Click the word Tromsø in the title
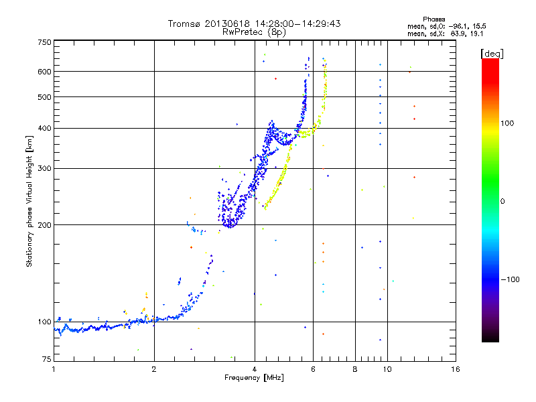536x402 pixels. pos(185,23)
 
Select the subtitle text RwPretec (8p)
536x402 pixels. pos(254,31)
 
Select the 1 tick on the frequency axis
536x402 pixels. pos(54,369)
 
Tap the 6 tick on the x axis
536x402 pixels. pos(313,369)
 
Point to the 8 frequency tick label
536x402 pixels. pos(355,369)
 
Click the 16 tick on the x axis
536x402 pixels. pos(455,369)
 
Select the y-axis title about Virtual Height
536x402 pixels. pos(29,202)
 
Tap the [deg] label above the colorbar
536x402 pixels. pos(492,53)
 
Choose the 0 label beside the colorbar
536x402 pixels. pos(505,201)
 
